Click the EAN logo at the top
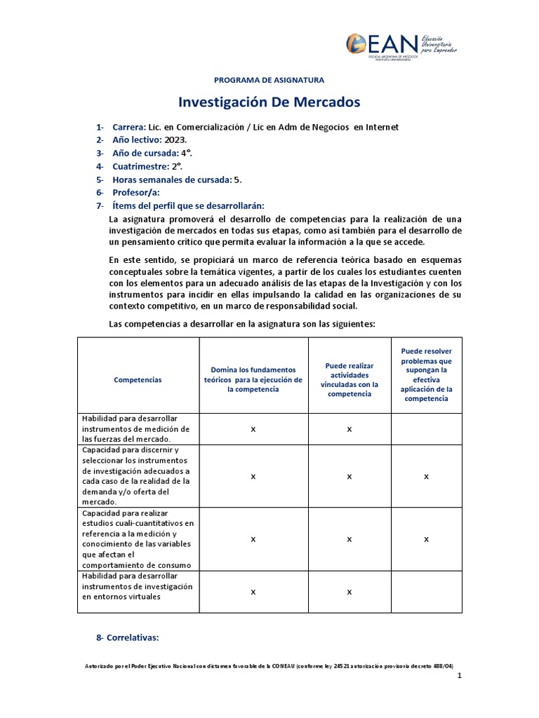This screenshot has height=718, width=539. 401,46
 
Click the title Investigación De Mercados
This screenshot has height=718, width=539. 269,102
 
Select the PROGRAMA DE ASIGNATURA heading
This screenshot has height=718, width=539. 269,80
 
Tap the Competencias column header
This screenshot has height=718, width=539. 138,379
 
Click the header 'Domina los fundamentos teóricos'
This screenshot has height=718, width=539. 253,379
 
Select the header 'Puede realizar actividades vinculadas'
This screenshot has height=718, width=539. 349,379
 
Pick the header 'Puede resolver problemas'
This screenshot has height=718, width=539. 426,374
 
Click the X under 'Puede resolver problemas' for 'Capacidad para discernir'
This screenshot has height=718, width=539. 426,476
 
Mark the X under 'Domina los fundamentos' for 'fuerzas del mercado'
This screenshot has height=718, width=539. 253,428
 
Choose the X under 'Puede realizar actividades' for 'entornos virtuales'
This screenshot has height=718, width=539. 349,592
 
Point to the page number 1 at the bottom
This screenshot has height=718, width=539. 459,676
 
